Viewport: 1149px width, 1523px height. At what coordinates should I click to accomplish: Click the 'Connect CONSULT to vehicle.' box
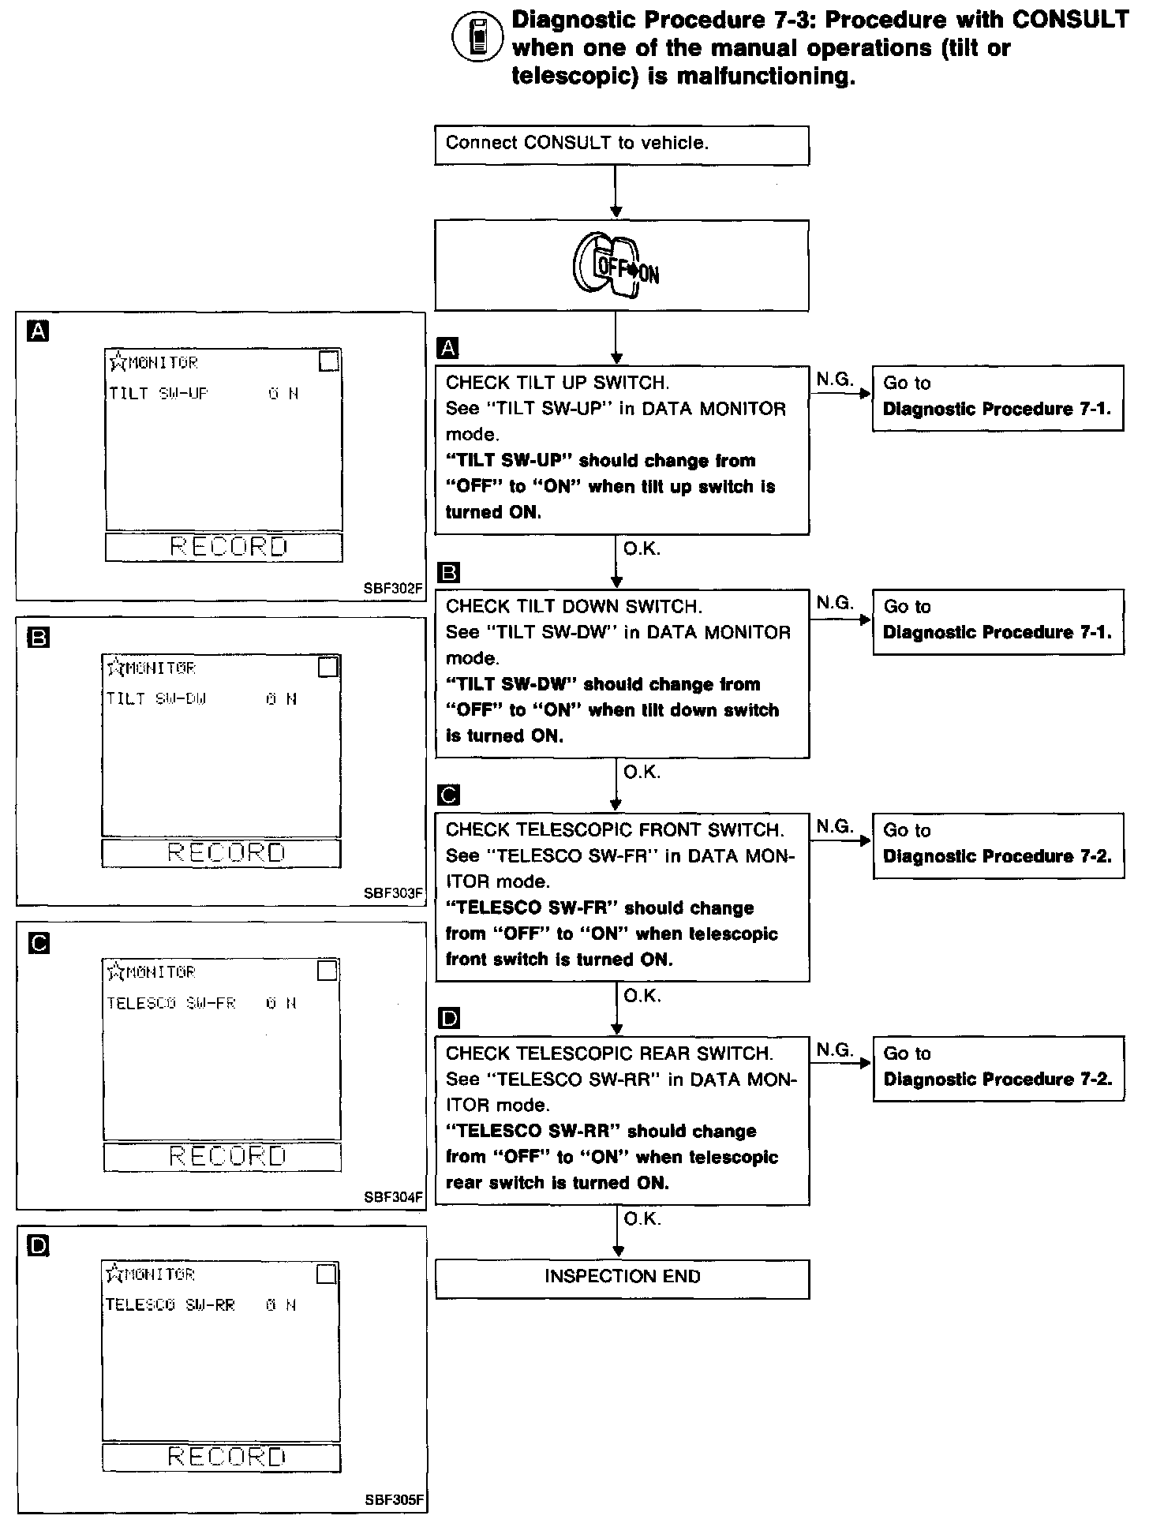click(621, 146)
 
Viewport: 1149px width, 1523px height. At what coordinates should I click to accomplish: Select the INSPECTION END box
click(622, 1277)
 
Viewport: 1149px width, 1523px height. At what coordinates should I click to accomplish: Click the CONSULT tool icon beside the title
click(476, 38)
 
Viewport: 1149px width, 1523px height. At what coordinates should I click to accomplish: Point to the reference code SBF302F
click(393, 589)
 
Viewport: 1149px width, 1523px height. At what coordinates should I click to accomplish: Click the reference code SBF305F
click(394, 1499)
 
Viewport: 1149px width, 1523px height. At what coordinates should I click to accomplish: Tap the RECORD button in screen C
click(226, 1157)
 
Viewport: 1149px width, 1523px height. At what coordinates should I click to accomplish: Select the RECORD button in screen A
click(227, 547)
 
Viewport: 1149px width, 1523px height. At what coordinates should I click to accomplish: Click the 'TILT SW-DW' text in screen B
click(157, 699)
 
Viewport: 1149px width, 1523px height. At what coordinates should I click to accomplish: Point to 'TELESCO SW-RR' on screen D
click(170, 1305)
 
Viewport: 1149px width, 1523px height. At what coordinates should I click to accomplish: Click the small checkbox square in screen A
click(328, 361)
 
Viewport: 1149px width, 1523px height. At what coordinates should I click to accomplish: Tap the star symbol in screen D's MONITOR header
click(114, 1274)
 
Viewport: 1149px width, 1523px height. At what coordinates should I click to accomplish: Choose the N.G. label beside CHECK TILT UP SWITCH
click(835, 380)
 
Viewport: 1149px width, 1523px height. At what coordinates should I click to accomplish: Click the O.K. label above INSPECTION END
click(642, 1219)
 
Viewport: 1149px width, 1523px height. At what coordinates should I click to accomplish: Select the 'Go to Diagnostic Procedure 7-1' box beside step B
click(997, 620)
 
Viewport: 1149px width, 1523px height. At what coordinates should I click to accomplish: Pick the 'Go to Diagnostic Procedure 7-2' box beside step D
click(997, 1067)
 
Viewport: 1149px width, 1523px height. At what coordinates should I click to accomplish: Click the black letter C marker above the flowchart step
click(447, 795)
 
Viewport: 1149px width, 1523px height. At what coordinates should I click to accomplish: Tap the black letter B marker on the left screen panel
click(37, 637)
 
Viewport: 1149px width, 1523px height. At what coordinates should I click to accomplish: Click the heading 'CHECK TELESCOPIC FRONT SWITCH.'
click(615, 830)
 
